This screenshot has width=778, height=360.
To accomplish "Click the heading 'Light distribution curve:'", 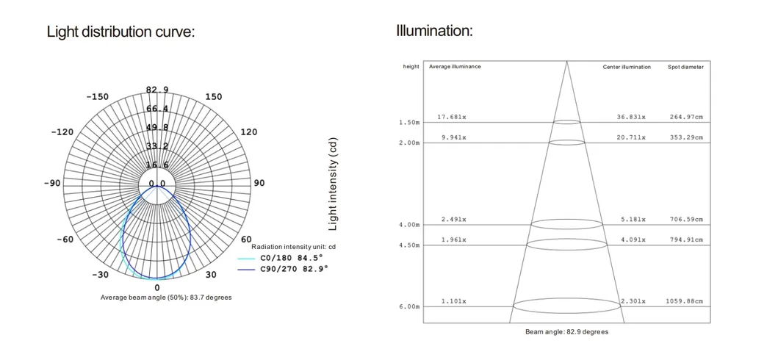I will [x=120, y=32].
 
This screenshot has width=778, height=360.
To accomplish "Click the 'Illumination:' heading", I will [x=434, y=31].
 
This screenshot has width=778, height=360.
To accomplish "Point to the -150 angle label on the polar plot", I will [x=97, y=97].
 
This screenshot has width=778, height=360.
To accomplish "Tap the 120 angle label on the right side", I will [x=249, y=132].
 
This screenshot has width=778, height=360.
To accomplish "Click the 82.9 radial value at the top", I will [x=156, y=90].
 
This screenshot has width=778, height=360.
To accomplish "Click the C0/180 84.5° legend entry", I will [x=292, y=258].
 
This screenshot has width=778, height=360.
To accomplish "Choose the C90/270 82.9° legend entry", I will [x=294, y=269].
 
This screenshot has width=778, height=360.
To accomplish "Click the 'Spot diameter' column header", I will [x=685, y=67].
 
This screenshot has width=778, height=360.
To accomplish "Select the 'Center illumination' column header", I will [x=627, y=67].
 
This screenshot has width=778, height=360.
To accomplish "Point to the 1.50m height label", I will [x=409, y=123].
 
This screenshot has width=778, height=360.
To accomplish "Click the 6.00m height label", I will [x=409, y=306].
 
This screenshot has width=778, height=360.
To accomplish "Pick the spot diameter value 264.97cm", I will [x=685, y=117].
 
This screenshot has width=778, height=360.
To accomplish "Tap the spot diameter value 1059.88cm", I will [x=684, y=301].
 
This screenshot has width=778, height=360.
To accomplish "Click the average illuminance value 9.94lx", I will [x=453, y=137].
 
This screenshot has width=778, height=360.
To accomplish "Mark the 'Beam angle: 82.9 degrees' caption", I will [x=566, y=332].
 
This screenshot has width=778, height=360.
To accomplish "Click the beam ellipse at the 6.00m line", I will [x=566, y=304].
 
